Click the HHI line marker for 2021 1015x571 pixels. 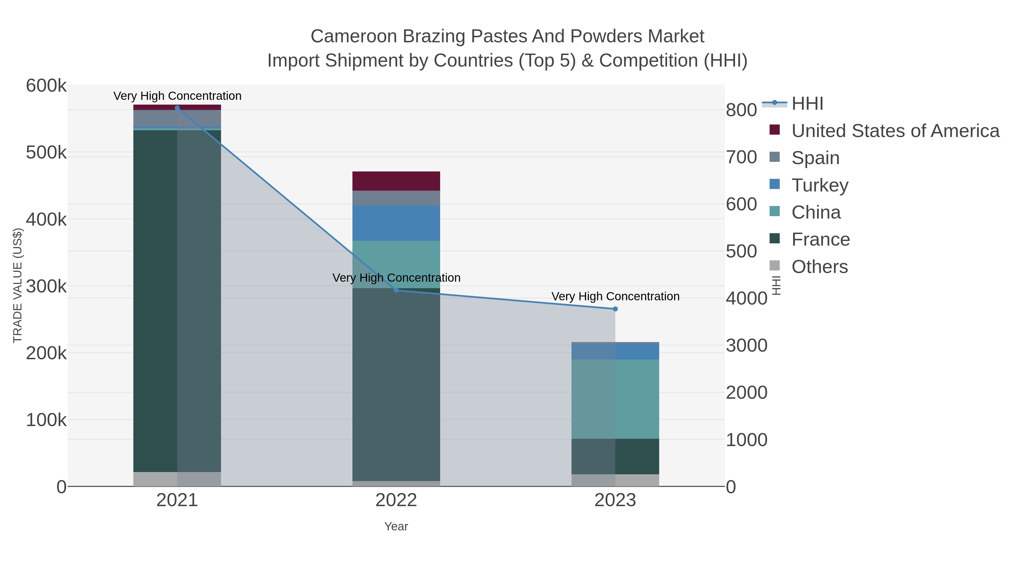177,108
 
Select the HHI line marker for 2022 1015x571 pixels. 396,290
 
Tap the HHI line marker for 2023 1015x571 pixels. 615,309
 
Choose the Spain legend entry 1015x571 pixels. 815,158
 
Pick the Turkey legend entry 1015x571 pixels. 820,185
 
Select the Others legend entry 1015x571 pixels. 819,267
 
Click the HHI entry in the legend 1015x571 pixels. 807,104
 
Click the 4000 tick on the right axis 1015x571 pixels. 746,298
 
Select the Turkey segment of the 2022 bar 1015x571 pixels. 396,223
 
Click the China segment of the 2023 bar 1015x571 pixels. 615,399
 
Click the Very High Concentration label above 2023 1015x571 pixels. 615,296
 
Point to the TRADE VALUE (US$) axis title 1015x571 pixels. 18,285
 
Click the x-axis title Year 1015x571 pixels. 396,526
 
